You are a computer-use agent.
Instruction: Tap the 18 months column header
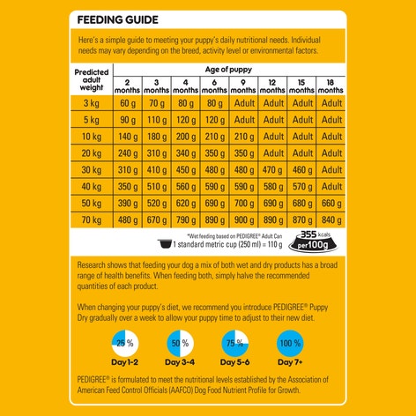(x=331, y=85)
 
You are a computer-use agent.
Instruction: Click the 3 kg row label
(x=91, y=102)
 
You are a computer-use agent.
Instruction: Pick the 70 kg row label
(x=91, y=219)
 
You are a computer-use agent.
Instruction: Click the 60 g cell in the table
(x=129, y=102)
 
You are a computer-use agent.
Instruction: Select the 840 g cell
(x=331, y=219)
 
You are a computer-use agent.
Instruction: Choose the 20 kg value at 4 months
(x=185, y=152)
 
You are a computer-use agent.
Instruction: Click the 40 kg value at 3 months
(x=157, y=186)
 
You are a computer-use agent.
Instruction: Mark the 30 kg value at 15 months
(x=302, y=169)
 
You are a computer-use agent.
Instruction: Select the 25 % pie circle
(x=125, y=343)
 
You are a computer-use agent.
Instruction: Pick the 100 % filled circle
(x=289, y=343)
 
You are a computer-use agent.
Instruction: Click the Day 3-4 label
(x=179, y=362)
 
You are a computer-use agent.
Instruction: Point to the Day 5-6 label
(x=234, y=362)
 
